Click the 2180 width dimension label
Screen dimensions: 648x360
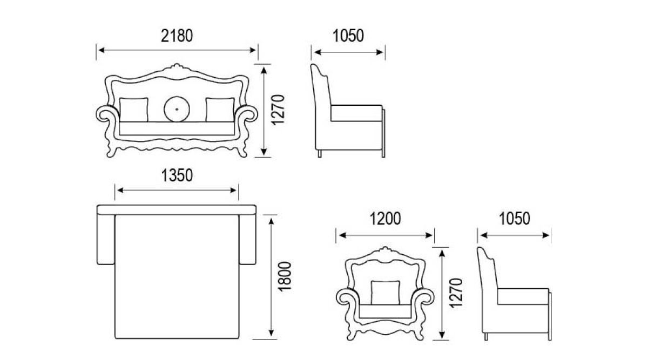(177, 36)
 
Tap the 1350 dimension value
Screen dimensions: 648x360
(177, 175)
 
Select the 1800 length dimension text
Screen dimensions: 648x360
(285, 277)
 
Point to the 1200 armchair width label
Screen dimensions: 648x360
(386, 219)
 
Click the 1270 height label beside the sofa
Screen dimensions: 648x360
(278, 110)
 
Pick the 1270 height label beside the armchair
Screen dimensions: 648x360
(456, 293)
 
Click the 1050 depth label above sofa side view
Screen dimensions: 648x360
(348, 36)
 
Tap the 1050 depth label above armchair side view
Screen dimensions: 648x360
(514, 219)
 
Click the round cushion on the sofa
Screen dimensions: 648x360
(177, 110)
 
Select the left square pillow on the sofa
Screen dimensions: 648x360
(134, 110)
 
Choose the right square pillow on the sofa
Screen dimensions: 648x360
(220, 110)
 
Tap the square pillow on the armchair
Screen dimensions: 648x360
(386, 293)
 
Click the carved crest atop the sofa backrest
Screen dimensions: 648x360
(177, 67)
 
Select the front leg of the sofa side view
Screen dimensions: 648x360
(383, 133)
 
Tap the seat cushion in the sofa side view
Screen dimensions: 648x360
(356, 113)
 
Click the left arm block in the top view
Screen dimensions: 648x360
(106, 240)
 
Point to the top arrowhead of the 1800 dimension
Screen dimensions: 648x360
(271, 221)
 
